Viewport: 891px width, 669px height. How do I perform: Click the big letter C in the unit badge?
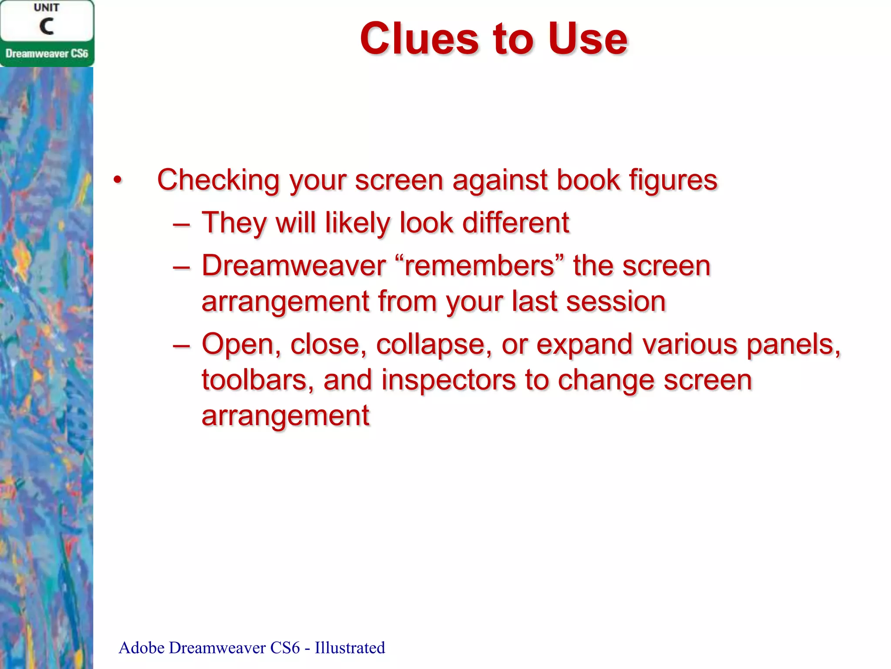(x=47, y=27)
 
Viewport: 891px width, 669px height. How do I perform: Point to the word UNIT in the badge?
(x=47, y=8)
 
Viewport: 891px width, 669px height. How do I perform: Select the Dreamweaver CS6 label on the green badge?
(x=47, y=54)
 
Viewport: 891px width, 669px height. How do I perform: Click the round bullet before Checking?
(x=117, y=180)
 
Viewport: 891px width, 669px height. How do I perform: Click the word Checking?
(x=218, y=180)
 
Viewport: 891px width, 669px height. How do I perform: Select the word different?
(x=516, y=223)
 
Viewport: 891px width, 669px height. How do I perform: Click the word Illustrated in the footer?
(x=350, y=648)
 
